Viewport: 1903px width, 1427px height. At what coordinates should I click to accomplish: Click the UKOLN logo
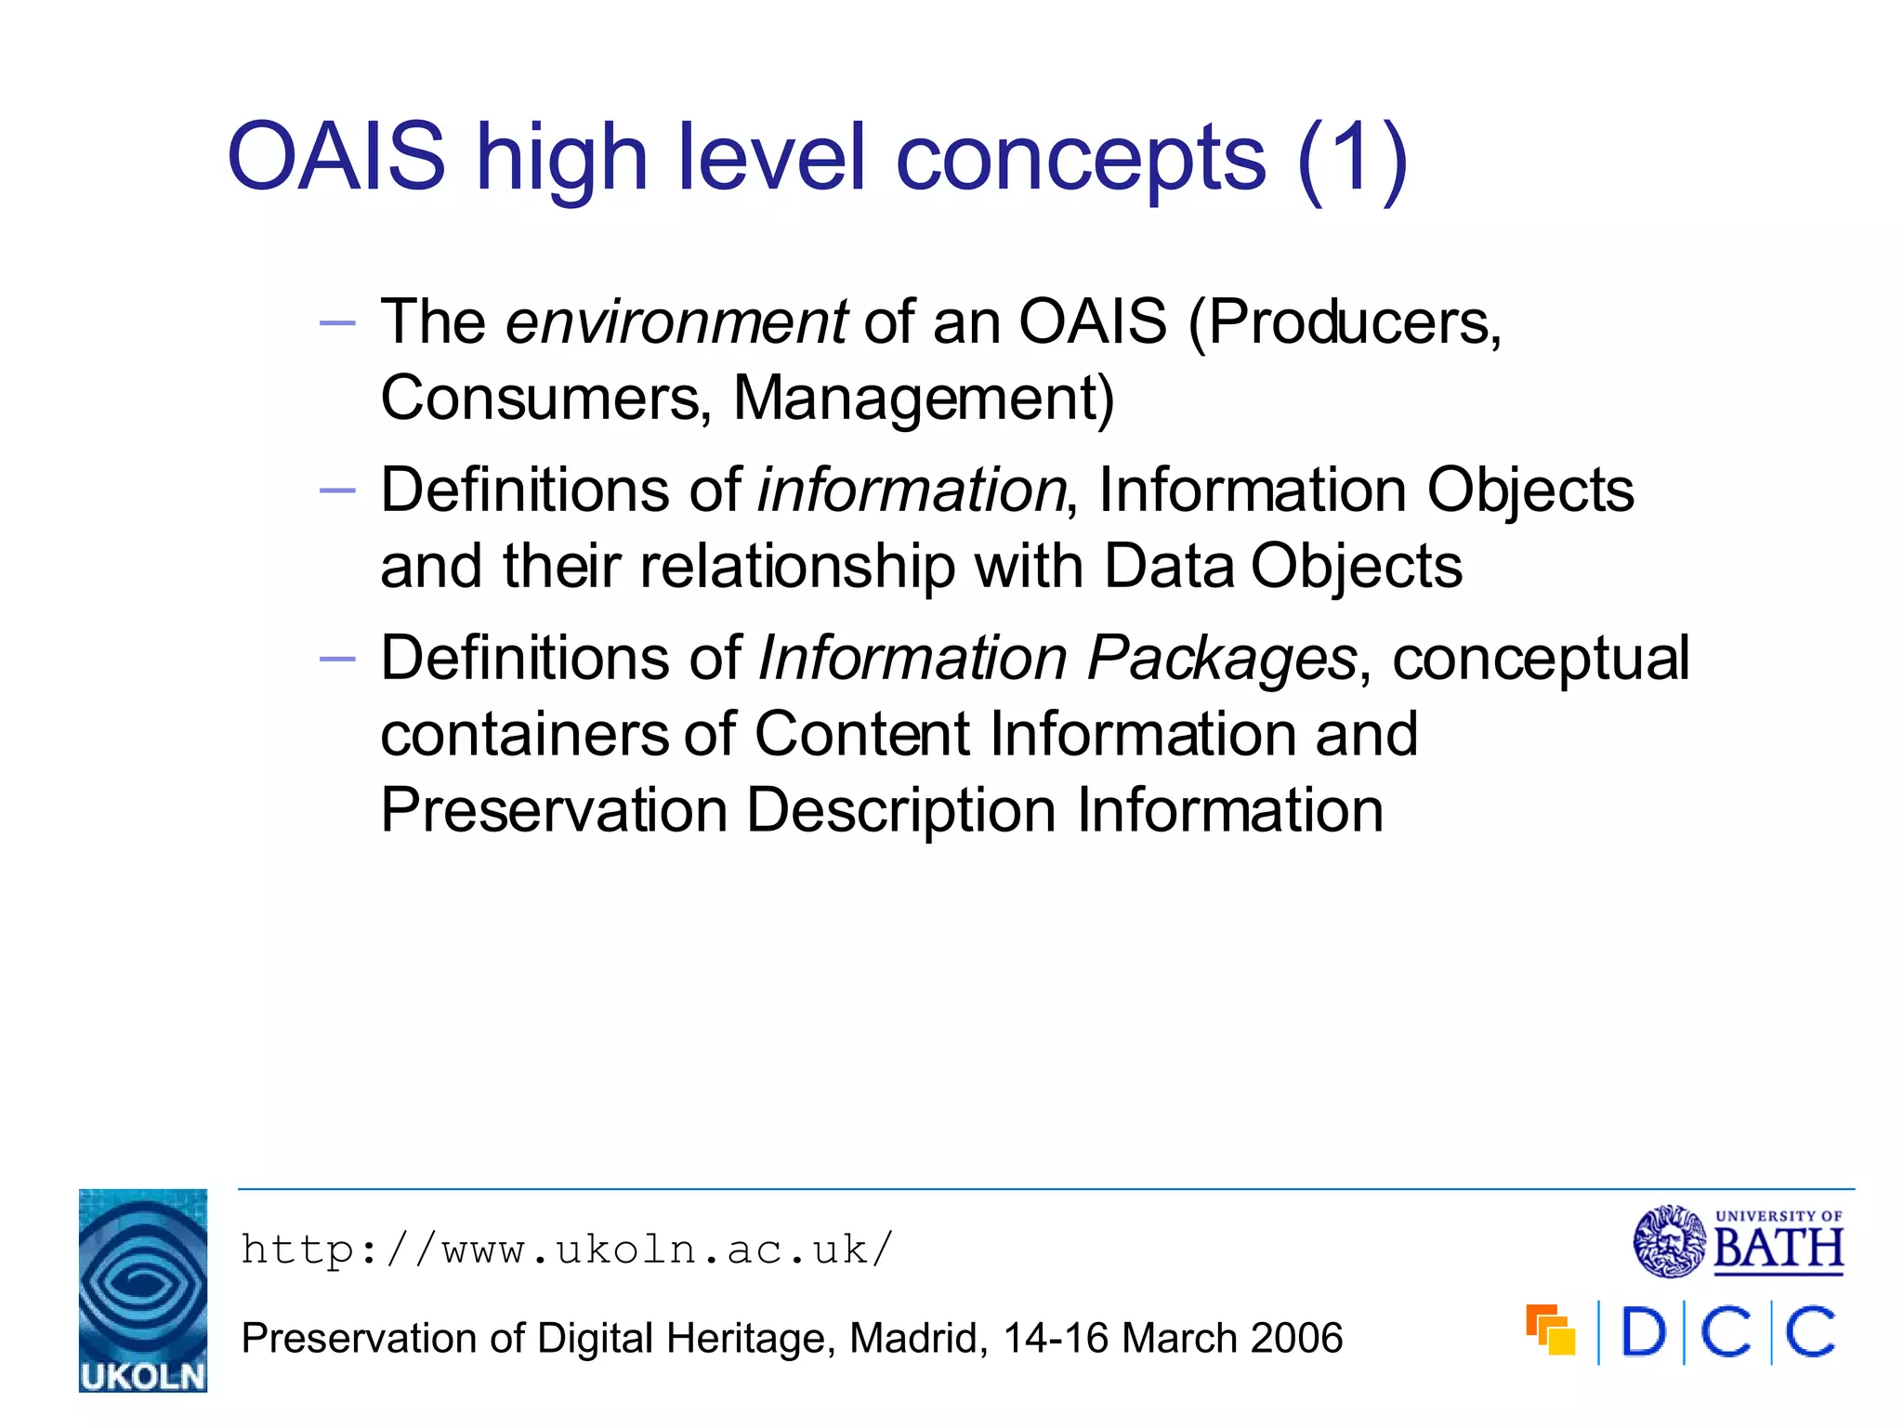(142, 1290)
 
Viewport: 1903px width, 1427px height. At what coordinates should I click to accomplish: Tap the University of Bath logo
(1739, 1242)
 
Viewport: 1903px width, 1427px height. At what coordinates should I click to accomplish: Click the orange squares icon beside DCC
(1550, 1329)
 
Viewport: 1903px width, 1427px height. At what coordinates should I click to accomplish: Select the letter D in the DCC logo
(1643, 1332)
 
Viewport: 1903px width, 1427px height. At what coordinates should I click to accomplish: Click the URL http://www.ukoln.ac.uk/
(567, 1250)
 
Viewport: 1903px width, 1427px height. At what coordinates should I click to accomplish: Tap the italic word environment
(676, 323)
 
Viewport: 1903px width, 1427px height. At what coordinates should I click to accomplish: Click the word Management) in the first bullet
(924, 399)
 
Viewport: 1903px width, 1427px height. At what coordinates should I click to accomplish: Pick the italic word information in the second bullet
(911, 491)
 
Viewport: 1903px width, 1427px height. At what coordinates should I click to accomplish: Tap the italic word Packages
(1222, 660)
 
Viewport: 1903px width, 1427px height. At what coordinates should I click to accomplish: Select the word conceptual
(1541, 660)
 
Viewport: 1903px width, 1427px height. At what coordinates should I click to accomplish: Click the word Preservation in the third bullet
(554, 810)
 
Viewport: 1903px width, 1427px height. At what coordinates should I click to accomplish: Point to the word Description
(901, 810)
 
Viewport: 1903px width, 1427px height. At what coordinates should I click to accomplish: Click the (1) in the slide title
(1352, 158)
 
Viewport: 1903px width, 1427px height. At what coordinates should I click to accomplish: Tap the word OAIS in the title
(336, 158)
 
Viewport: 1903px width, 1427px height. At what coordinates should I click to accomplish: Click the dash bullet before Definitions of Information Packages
(336, 659)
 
